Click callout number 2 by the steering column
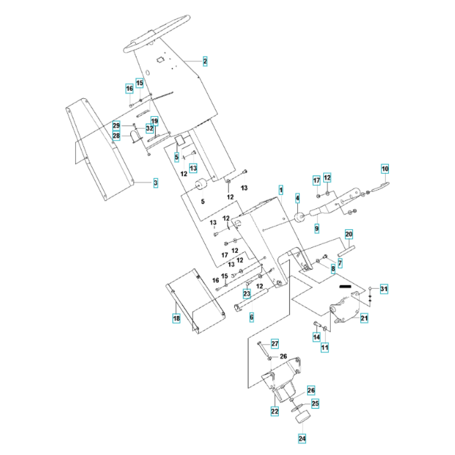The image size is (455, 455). tap(205, 61)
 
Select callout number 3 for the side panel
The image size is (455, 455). tap(156, 183)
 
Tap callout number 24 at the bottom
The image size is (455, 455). tap(302, 439)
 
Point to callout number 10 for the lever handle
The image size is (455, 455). tap(385, 169)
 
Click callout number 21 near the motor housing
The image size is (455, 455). tap(364, 318)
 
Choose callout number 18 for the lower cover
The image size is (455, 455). tap(176, 318)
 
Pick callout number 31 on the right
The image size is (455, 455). tap(384, 288)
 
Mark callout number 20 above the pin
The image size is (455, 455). tap(349, 234)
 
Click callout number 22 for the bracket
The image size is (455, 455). tap(274, 411)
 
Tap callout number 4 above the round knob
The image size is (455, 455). tap(297, 198)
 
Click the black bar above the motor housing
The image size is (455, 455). tap(345, 287)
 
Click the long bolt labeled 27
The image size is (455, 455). tap(264, 350)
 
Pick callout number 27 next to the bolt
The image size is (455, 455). tap(275, 344)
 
